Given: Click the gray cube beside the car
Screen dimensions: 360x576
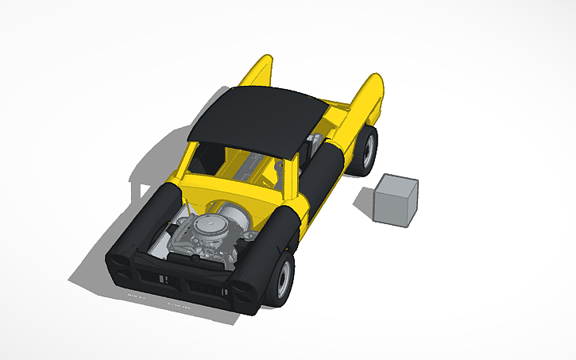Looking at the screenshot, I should coord(396,199).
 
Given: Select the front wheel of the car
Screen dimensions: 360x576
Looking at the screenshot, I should coord(280,277).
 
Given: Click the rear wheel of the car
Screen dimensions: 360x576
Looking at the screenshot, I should coord(365,150).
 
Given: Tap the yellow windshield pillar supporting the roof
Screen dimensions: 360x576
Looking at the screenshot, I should coord(292,179).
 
